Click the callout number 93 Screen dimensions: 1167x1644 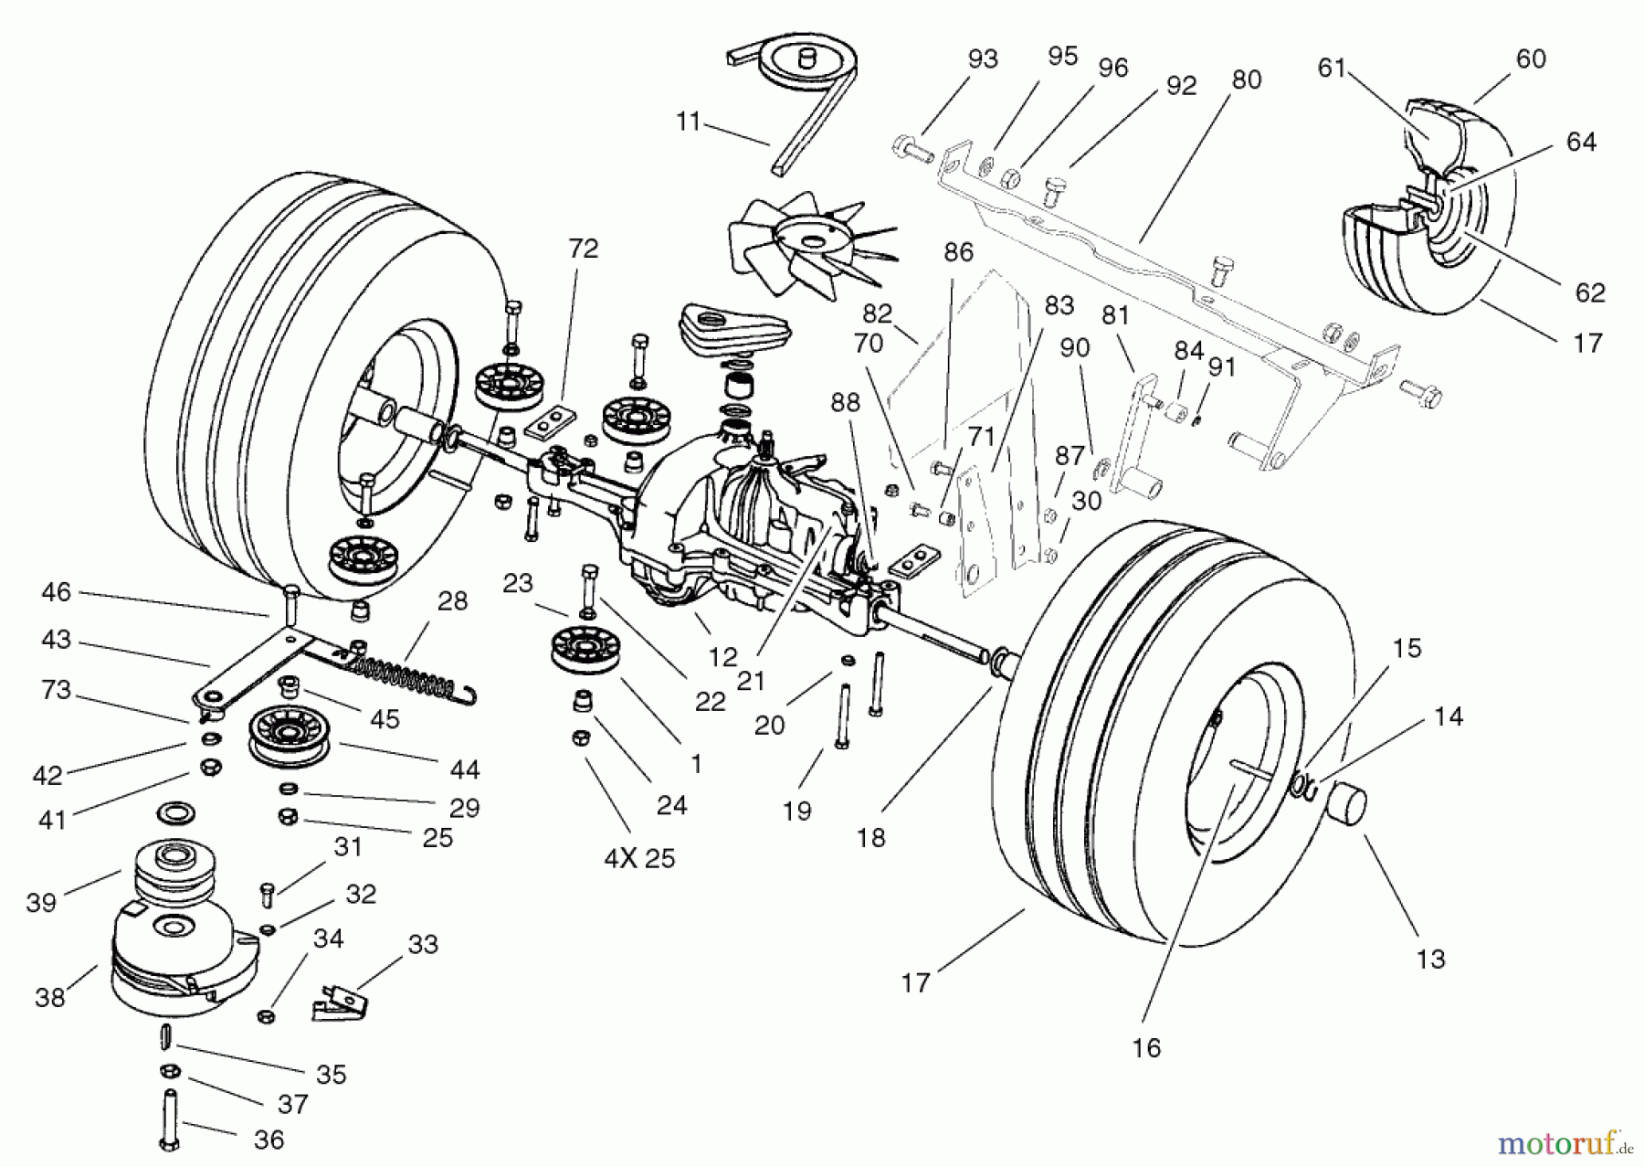[983, 59]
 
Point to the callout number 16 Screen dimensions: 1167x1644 [1146, 1047]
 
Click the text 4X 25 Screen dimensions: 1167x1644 [639, 859]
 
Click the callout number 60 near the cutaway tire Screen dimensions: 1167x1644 [1531, 59]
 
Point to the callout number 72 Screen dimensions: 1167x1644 [583, 249]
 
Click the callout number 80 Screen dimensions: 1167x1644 [1246, 80]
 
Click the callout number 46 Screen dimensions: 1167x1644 [56, 593]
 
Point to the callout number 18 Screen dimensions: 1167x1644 [870, 837]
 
